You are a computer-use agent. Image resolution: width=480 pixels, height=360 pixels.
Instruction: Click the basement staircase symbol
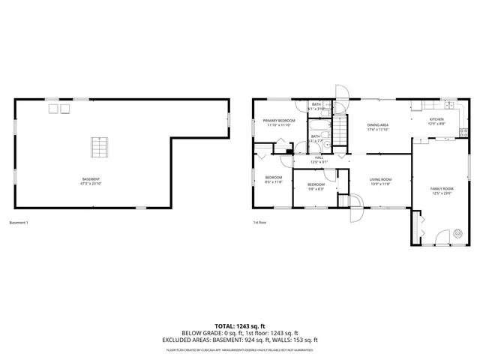pyautogui.click(x=95, y=148)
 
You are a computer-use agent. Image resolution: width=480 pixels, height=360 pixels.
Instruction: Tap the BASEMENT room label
pyautogui.click(x=91, y=178)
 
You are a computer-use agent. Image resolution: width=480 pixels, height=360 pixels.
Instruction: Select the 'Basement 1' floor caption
pyautogui.click(x=19, y=223)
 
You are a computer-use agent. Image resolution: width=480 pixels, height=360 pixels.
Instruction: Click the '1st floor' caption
pyautogui.click(x=260, y=223)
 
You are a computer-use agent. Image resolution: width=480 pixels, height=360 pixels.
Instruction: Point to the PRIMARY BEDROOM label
pyautogui.click(x=279, y=120)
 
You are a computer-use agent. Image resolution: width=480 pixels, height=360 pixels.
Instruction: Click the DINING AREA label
pyautogui.click(x=377, y=124)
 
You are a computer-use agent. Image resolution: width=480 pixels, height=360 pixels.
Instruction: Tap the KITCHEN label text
pyautogui.click(x=436, y=119)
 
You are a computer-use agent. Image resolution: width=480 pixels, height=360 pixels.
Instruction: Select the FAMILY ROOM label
pyautogui.click(x=441, y=188)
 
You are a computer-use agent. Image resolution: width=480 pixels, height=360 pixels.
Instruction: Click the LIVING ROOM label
pyautogui.click(x=380, y=179)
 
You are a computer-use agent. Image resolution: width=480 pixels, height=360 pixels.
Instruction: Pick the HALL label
pyautogui.click(x=318, y=157)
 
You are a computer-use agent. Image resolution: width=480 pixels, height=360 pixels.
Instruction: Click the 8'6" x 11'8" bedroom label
pyautogui.click(x=272, y=178)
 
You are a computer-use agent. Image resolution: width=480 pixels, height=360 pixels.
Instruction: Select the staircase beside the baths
pyautogui.click(x=341, y=134)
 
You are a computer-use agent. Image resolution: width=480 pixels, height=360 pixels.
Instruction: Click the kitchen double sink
pyautogui.click(x=425, y=105)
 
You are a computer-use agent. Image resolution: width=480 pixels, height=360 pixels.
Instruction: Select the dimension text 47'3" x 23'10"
pyautogui.click(x=91, y=183)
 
